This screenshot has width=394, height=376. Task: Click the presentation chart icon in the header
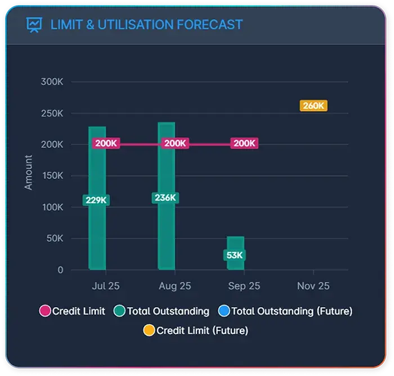pos(34,25)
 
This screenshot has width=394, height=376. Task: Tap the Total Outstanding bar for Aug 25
pos(166,237)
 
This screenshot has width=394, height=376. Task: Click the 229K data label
pos(96,200)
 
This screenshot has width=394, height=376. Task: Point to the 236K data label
pos(165,198)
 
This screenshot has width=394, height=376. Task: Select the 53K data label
pos(235,255)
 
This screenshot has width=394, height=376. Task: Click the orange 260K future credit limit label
pos(313,105)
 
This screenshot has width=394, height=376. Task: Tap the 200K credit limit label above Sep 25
pos(244,143)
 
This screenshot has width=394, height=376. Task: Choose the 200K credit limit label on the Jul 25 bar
pos(106,143)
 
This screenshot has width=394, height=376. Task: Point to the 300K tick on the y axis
pos(52,82)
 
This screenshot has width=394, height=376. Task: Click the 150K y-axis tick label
pos(52,176)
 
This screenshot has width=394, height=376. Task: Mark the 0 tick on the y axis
pos(60,270)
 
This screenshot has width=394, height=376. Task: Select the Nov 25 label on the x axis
pos(313,286)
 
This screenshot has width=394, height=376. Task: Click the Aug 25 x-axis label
pos(174,286)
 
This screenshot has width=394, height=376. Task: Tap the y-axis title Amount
pos(29,172)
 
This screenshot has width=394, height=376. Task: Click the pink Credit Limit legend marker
pos(45,311)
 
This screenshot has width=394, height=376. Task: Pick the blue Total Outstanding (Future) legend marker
pos(224,311)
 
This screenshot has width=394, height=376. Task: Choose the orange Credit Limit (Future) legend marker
pos(149,330)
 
